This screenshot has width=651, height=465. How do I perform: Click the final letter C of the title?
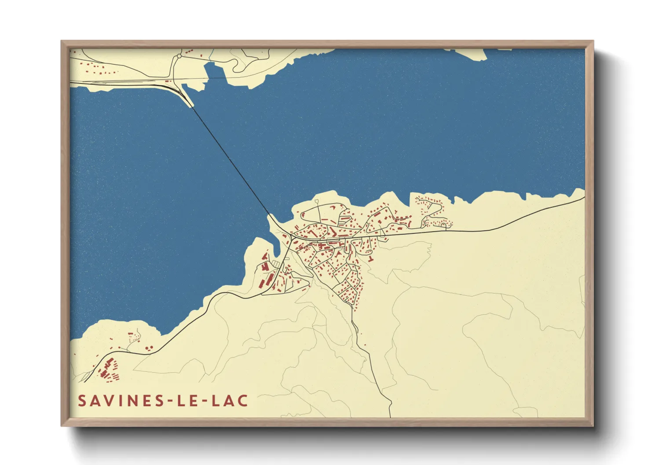(x=243, y=401)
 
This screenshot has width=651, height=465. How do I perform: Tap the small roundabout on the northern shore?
(x=179, y=56)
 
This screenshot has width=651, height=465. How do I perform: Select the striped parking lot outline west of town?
(x=276, y=263)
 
